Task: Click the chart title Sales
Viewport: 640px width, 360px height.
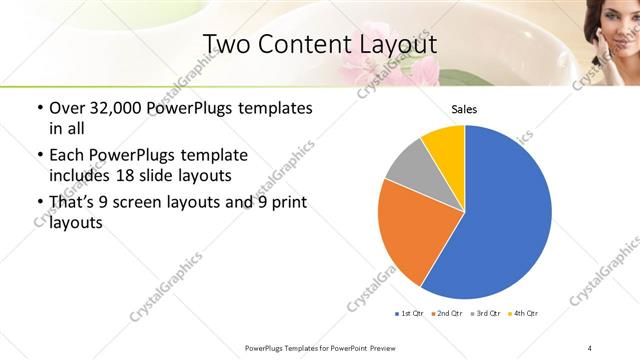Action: [x=465, y=110]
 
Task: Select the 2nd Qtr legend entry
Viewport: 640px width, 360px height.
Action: [x=447, y=314]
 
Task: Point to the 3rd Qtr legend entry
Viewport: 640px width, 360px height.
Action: [x=485, y=314]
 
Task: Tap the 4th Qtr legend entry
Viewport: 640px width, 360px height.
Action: [x=523, y=314]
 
